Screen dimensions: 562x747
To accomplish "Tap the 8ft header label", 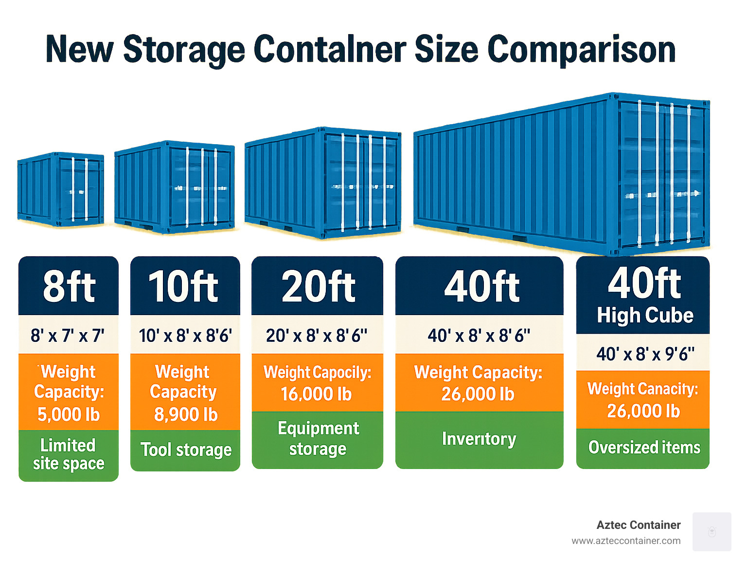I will point(69,286).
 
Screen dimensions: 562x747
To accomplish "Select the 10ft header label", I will point(183,286).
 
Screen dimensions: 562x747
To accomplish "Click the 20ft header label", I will point(318,286).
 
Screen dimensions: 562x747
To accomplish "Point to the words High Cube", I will point(645,316).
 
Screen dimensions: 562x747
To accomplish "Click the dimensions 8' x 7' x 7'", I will point(68,336).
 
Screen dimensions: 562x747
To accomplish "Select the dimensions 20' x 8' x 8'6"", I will point(317,336).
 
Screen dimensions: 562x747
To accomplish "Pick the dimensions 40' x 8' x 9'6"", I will point(645,354).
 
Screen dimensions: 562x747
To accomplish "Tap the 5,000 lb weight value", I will point(69,414).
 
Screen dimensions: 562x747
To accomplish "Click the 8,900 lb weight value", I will point(186,414).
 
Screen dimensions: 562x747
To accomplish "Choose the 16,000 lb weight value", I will point(316,394).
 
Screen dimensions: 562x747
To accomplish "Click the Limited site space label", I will point(69,454).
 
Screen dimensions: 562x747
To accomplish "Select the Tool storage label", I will point(186,450).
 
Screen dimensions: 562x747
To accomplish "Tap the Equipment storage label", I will point(318,438).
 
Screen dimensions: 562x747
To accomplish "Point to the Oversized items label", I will point(644,447).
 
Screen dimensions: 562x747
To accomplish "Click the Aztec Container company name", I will point(638,525).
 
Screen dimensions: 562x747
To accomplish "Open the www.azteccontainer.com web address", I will point(626,541).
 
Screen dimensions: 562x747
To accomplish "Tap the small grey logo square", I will point(711,531).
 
